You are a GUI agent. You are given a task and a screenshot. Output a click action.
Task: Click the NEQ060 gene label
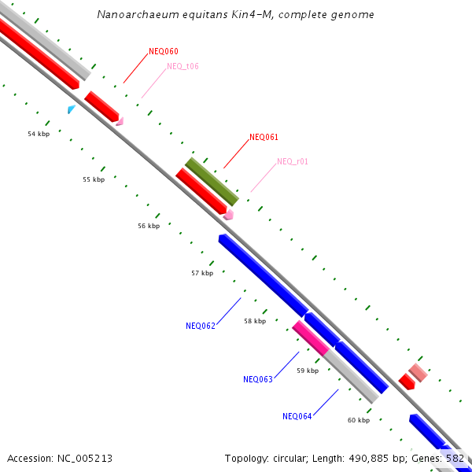pos(163,52)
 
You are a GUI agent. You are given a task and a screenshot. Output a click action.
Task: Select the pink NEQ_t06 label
pos(183,66)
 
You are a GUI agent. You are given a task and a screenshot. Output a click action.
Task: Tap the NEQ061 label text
pos(264,137)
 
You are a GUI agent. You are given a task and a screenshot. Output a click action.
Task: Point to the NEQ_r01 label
pos(292,161)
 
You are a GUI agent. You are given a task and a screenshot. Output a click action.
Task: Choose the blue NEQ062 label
pos(201,326)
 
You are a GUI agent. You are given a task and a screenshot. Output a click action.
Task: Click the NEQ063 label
pos(258,379)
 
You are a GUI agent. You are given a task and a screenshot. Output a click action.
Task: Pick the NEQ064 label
pos(297,416)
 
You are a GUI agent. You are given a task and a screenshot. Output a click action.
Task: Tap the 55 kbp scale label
pos(94,180)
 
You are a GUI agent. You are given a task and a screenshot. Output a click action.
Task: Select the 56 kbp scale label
pos(149,226)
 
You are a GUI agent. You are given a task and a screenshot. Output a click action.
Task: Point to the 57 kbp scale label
pos(202,274)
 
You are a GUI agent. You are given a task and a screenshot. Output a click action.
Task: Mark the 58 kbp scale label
pos(255,321)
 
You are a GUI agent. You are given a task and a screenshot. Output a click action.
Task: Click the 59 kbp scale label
pos(308,371)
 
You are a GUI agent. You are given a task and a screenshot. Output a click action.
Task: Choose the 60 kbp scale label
pos(359,420)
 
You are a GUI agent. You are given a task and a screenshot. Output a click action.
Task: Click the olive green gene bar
pos(212,181)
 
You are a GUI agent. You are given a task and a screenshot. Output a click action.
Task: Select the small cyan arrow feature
pos(72,109)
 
